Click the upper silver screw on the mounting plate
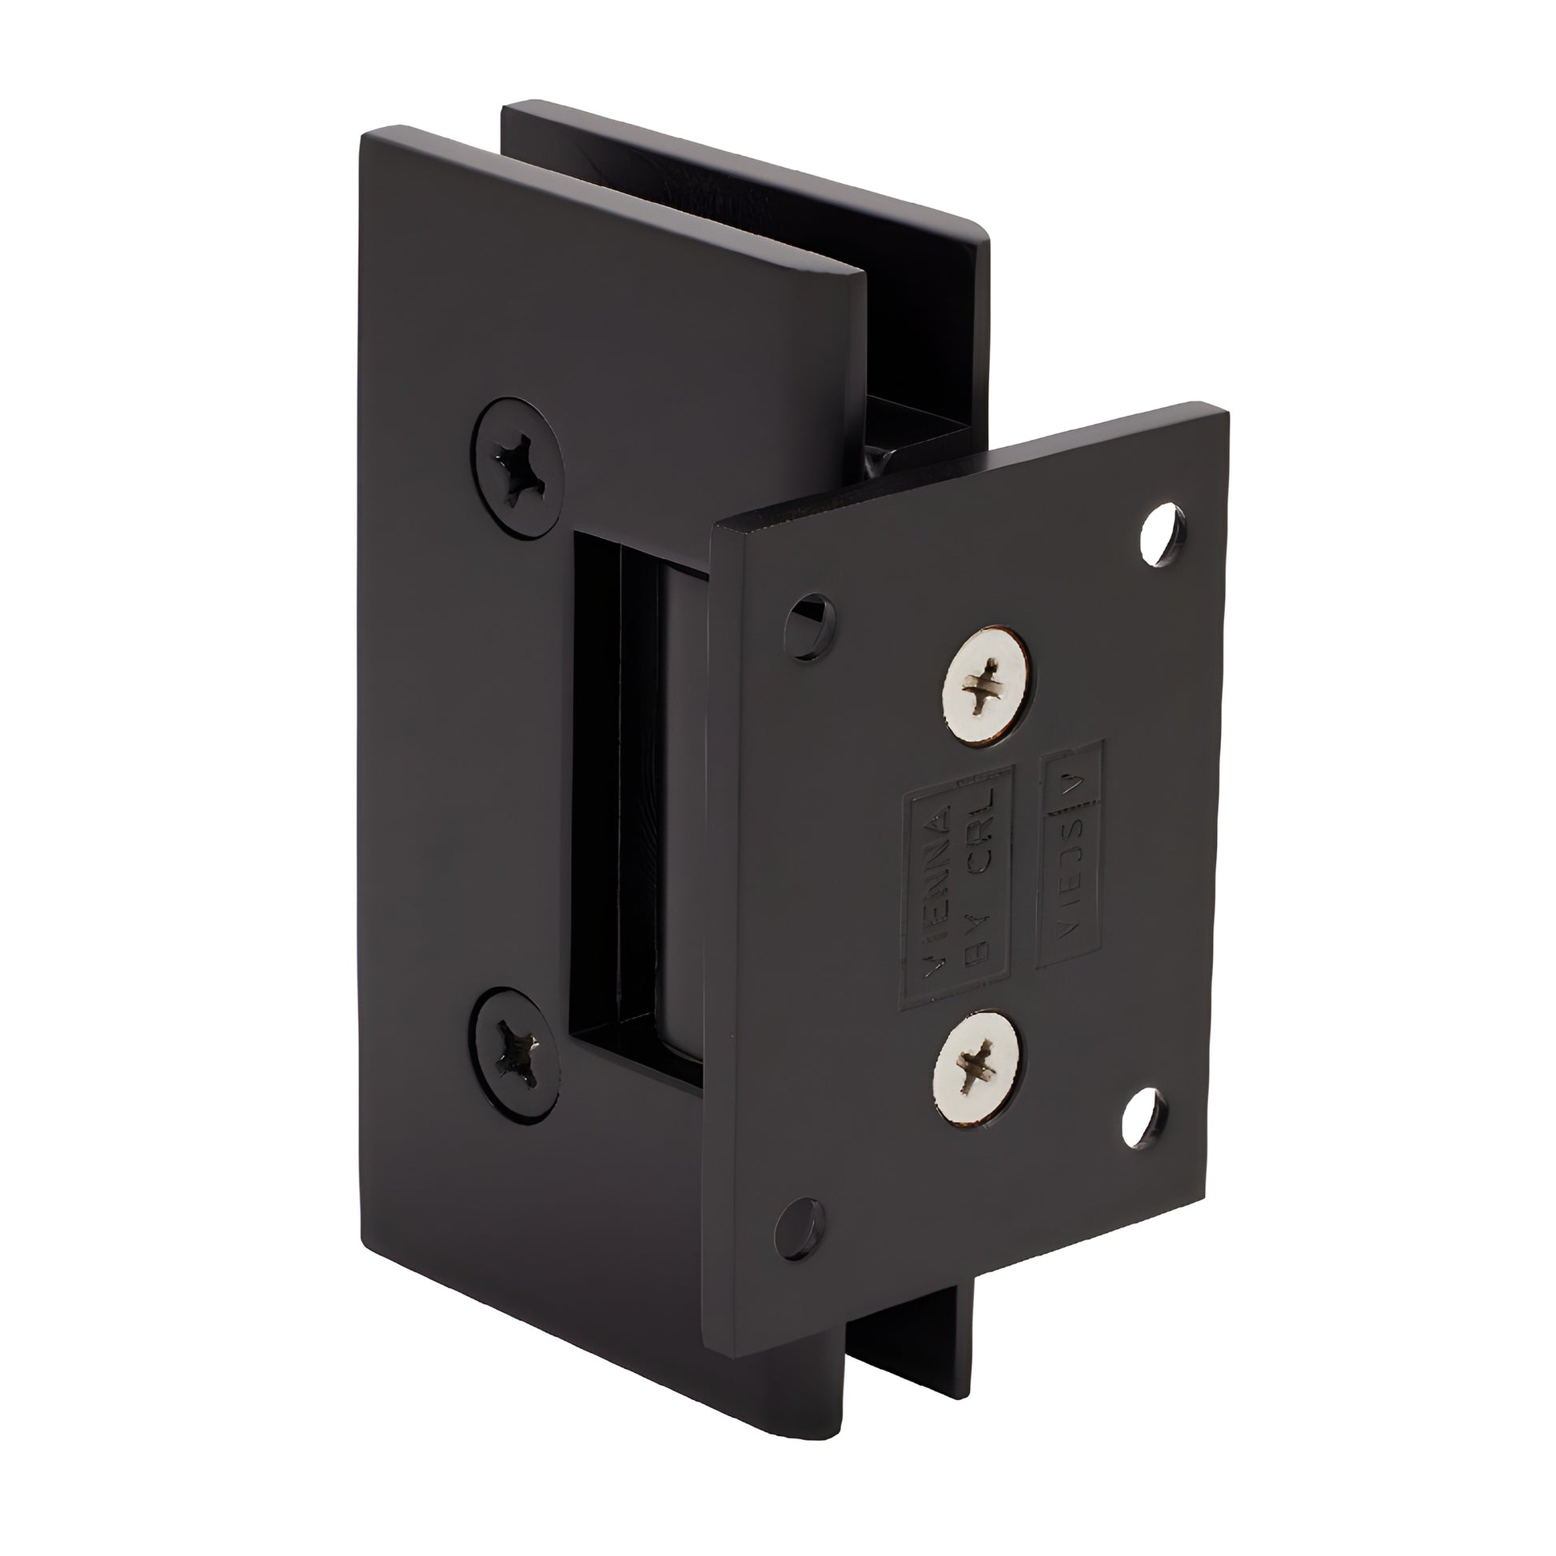pyautogui.click(x=988, y=692)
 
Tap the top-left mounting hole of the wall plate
pyautogui.click(x=810, y=620)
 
